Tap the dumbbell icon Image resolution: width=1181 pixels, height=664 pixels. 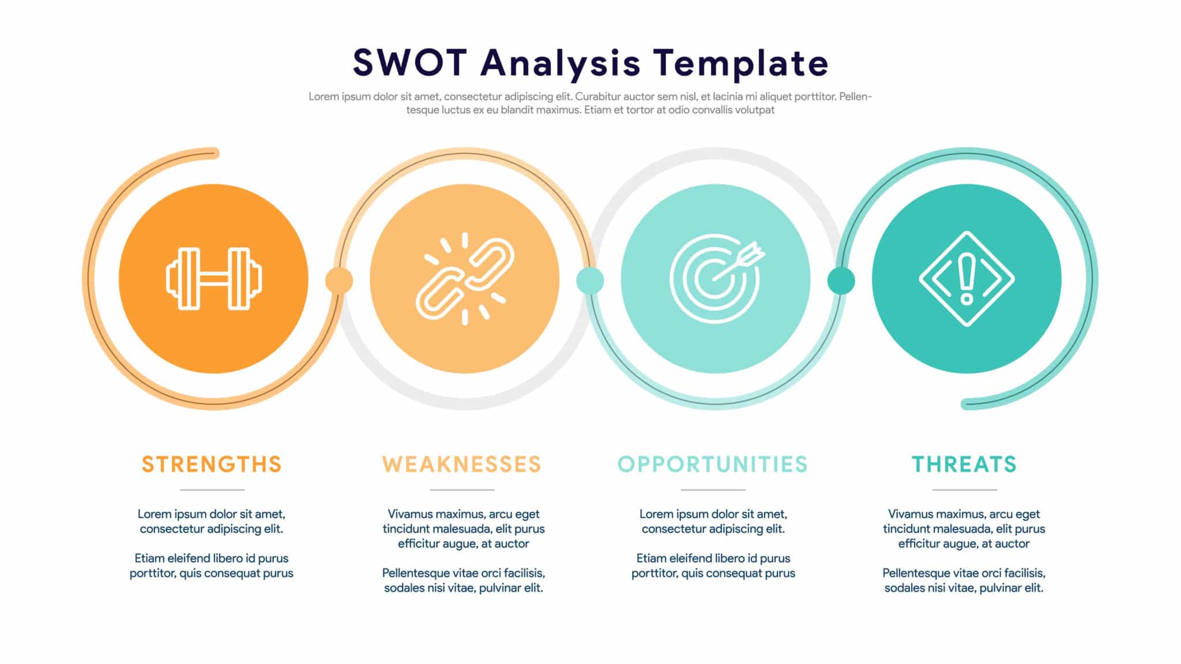(213, 279)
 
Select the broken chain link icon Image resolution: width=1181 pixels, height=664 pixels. (465, 279)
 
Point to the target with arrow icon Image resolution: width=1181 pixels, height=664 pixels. (716, 279)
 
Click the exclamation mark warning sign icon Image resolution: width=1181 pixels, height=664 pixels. (966, 279)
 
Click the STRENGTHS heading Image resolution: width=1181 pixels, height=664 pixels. (212, 464)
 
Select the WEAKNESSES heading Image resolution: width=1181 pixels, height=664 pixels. (462, 464)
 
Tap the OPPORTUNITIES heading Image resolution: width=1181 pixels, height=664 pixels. (713, 464)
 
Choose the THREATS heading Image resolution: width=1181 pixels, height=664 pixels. (964, 464)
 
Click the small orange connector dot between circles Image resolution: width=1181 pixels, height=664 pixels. (339, 281)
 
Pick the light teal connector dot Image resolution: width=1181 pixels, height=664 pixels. (590, 281)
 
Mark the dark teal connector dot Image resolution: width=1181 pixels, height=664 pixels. (841, 281)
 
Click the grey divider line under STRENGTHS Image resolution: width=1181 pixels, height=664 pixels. (212, 490)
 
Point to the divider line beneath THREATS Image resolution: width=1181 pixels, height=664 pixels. (965, 490)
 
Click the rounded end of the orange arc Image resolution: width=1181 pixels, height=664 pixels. (215, 153)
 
